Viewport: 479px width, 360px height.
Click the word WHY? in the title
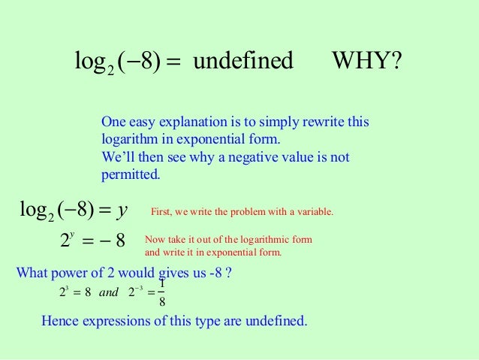coord(366,61)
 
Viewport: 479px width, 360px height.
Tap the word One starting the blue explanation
coord(113,123)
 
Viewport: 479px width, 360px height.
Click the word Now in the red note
coord(153,240)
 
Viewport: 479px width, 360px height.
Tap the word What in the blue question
coord(31,273)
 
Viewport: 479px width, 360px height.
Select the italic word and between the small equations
coord(109,293)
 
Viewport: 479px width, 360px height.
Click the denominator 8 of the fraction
coord(162,303)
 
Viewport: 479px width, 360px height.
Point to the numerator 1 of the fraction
coord(162,284)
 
